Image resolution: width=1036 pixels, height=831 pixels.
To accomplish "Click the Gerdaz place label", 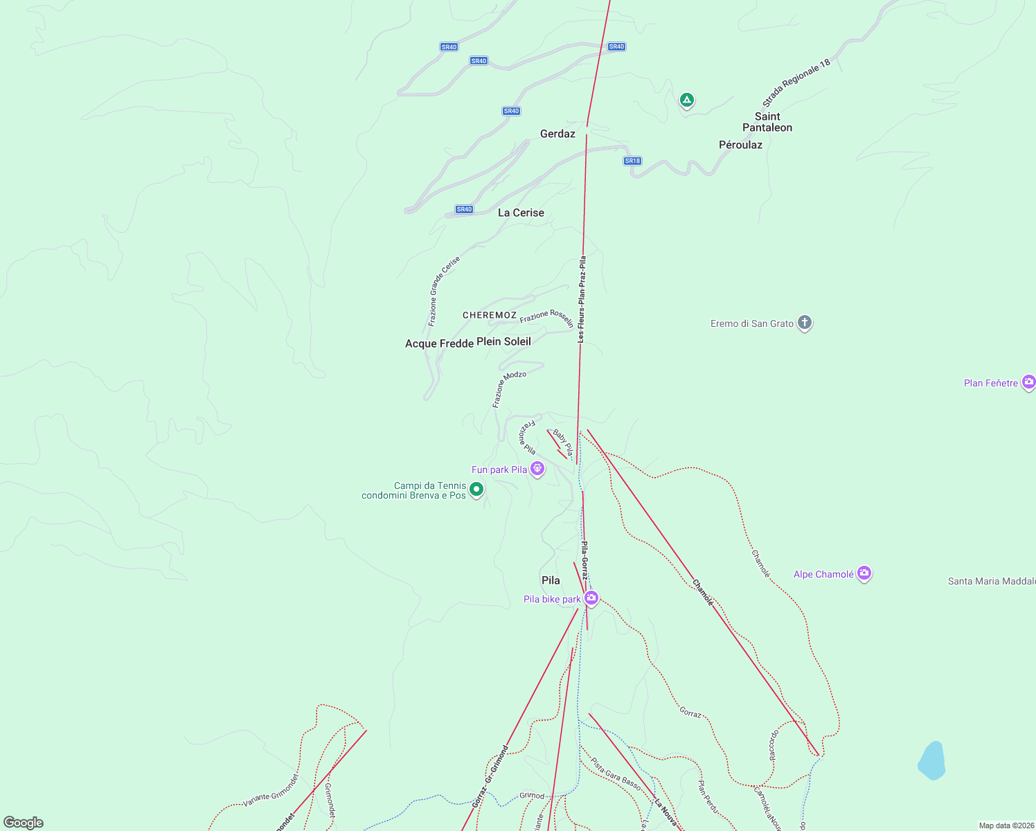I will point(557,134).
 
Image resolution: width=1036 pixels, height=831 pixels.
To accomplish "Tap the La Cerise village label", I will point(521,213).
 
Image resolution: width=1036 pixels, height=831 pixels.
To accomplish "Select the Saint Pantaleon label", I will point(767,122).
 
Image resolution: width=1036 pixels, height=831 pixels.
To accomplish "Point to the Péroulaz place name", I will point(740,145).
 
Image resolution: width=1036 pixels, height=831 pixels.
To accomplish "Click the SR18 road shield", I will point(632,161).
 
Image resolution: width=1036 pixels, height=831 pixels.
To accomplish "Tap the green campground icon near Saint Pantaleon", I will point(686,100).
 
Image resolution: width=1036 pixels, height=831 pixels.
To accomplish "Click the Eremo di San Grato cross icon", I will point(804,323).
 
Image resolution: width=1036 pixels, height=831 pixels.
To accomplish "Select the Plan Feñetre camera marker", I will point(1029,382).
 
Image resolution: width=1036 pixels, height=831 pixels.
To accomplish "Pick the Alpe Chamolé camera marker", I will point(864,573).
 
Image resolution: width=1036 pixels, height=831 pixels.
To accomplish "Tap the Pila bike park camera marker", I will point(591,598).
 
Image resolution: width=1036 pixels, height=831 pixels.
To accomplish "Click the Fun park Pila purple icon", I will point(537,469).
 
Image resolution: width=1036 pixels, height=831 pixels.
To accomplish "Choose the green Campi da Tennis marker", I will point(476,490).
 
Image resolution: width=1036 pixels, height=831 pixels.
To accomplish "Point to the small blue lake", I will point(932,760).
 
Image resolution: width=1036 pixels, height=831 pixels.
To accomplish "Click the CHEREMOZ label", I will point(490,315).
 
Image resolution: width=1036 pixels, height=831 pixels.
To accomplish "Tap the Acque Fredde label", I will point(439,343).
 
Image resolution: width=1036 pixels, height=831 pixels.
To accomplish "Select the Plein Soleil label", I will point(503,341).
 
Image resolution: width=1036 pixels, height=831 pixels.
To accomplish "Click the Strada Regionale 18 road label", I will point(796,83).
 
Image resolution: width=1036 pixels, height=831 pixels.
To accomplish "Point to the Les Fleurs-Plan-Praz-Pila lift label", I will point(582,299).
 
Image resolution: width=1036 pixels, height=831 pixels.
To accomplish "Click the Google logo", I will point(24,823).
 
